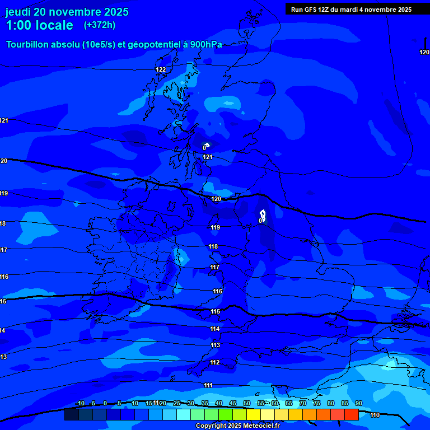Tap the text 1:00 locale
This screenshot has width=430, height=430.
click(39, 25)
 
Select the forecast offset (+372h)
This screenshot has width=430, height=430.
click(100, 25)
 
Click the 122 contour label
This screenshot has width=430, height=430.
click(161, 69)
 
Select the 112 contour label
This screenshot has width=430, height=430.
click(215, 363)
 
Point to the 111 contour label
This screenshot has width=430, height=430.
click(208, 385)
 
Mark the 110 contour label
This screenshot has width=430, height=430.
click(375, 415)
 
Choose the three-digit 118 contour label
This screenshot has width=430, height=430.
click(213, 246)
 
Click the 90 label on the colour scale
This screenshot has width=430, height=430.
click(359, 403)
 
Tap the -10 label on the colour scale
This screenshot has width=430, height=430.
click(80, 403)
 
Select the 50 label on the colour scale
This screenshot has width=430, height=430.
click(247, 403)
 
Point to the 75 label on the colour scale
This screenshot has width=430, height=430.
click(317, 403)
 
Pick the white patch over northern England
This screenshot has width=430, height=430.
click(263, 214)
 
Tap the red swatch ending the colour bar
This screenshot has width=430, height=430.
click(352, 414)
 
